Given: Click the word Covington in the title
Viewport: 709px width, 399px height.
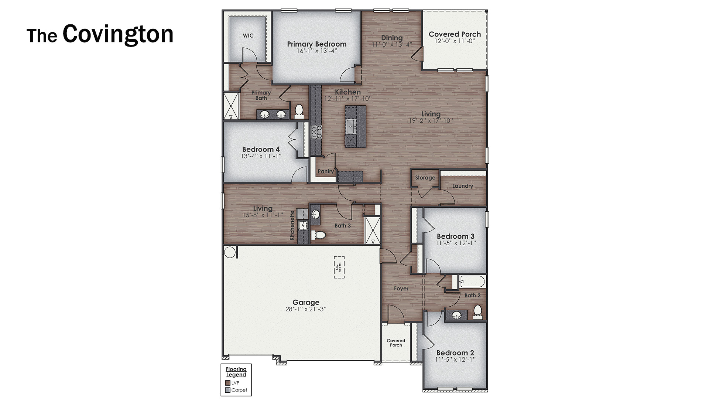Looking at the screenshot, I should tap(118, 34).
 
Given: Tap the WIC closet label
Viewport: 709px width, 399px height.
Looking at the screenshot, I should tap(248, 35).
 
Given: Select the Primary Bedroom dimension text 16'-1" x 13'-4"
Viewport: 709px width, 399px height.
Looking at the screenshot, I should tap(317, 51).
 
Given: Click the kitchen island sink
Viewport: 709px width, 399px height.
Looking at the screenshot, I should tap(350, 126).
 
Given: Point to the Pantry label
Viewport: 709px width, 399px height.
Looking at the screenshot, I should tap(326, 171).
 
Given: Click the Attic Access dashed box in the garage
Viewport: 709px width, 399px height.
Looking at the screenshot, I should tap(339, 267).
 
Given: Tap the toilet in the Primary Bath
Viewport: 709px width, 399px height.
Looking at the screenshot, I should tap(299, 110).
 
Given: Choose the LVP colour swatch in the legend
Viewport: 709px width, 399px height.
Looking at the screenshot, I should tap(227, 383).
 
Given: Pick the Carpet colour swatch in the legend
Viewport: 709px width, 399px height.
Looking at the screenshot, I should tap(227, 390).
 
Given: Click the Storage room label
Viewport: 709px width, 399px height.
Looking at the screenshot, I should tap(425, 178).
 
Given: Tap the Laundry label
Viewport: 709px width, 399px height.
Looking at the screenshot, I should tap(462, 186).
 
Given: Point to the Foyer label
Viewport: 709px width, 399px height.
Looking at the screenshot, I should tap(401, 289).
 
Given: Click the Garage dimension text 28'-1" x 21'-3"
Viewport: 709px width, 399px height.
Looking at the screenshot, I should tap(306, 309).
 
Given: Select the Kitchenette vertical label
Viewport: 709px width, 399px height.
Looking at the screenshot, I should tap(292, 225).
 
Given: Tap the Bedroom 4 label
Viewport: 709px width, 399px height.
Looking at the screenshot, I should tap(261, 149).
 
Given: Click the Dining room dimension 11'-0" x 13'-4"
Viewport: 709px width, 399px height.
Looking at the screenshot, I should tap(392, 44).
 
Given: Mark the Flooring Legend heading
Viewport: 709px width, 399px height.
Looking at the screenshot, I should tap(236, 372).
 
